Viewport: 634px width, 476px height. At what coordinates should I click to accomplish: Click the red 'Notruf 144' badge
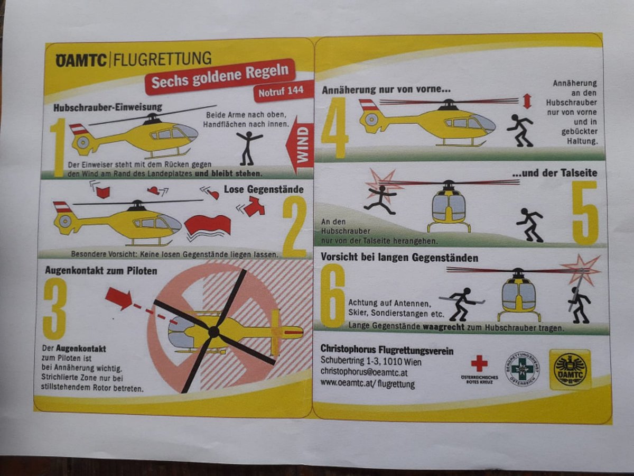coord(284,91)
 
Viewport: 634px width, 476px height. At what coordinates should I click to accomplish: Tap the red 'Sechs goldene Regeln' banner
coord(220,77)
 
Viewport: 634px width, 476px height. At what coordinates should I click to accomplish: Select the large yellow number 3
coord(55,309)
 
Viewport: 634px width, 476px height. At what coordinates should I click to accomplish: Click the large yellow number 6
coord(333,296)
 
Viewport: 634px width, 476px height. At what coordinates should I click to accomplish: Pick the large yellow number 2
coord(295,226)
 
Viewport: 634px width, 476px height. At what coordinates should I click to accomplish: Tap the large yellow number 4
coord(334,128)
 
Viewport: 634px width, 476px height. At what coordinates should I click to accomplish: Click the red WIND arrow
coord(300,145)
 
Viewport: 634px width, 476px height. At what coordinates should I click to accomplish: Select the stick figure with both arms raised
coord(248,148)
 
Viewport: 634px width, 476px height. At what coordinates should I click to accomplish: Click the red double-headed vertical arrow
coord(527,102)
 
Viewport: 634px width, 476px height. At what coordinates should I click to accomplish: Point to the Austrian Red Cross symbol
coord(479,363)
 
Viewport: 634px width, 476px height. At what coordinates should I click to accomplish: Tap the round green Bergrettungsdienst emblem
coord(522,369)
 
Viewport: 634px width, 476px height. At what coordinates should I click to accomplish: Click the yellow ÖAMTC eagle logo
coord(570,369)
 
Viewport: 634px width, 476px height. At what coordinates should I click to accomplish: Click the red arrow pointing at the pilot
coord(119,298)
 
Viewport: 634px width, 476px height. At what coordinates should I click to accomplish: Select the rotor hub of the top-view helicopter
coord(214,332)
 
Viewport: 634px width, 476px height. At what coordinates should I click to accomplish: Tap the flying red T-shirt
coord(254,206)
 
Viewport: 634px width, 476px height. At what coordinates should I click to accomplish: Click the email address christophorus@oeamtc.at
coord(364,372)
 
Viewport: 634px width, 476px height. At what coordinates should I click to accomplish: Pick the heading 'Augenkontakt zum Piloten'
coord(101,270)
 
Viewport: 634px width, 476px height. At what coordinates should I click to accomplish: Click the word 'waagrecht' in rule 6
coord(444,327)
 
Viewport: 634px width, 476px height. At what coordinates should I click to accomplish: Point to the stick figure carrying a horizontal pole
coord(462,304)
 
